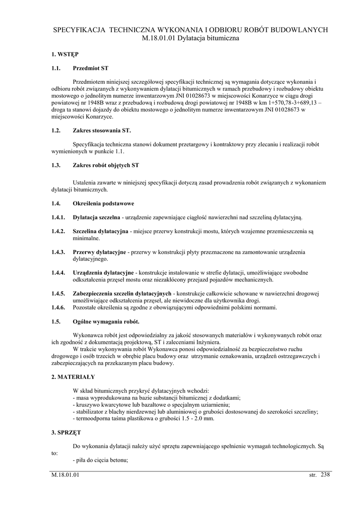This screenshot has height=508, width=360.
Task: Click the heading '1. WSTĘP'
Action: pos(65,53)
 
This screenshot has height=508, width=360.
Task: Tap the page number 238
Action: pos(325,475)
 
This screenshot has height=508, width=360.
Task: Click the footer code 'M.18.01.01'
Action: pos(65,475)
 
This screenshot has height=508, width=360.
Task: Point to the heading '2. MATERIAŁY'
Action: pos(73,377)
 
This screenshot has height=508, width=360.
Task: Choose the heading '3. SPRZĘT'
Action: pos(67,433)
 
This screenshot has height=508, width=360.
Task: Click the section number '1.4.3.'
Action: pos(59,252)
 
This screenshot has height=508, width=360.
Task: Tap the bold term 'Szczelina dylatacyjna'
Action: pos(100,231)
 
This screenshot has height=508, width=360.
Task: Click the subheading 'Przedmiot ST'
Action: pos(90,67)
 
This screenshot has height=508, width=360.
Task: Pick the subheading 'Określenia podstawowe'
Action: pos(103,203)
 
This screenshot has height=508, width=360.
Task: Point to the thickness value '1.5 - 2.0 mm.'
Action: pos(198,419)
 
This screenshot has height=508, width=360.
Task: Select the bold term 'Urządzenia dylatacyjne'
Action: pos(103,273)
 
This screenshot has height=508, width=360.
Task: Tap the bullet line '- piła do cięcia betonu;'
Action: pos(100,460)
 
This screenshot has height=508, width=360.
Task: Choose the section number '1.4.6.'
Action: pos(59,308)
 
